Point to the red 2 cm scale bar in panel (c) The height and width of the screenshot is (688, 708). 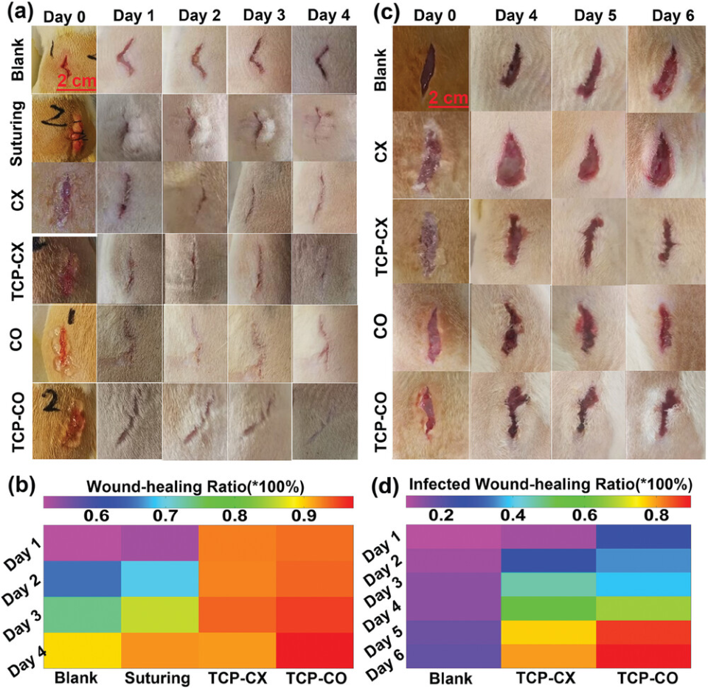click(x=446, y=104)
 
